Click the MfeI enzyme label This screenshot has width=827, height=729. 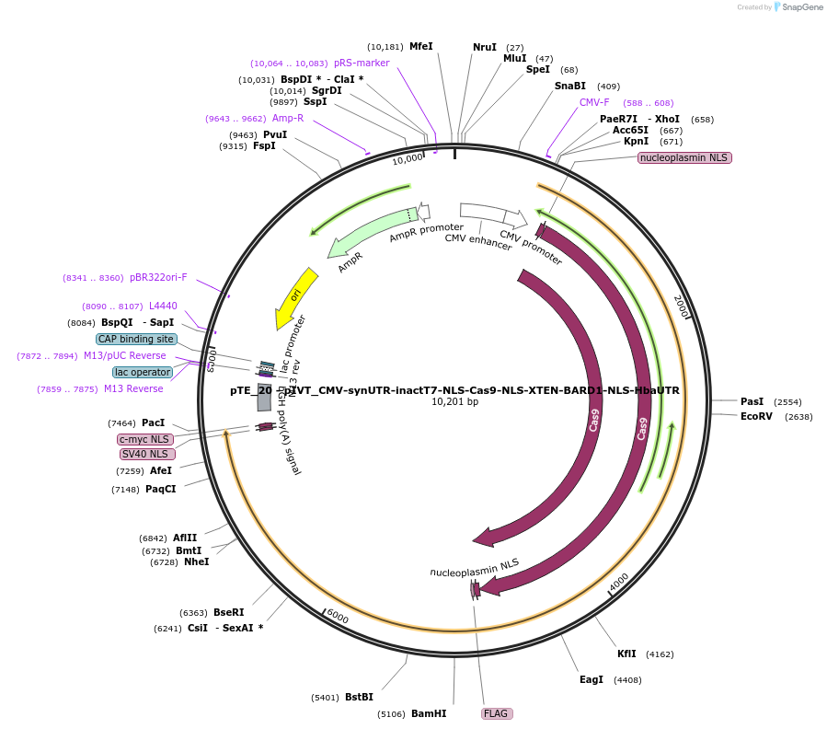coord(420,46)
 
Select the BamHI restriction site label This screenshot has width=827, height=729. coord(428,713)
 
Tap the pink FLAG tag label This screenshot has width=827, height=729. coord(496,713)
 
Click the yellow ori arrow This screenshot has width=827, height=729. coord(294,296)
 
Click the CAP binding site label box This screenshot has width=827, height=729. coord(136,339)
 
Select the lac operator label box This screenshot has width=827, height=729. coord(142,372)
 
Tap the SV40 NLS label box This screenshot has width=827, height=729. coord(145,454)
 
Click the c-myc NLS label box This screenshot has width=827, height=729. coord(145,439)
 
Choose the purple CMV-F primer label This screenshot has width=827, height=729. coord(594,102)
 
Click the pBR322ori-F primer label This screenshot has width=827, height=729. coord(157,277)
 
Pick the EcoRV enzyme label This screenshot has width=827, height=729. coord(756,416)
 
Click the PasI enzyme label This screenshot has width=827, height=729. coord(752,401)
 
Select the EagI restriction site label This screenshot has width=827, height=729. coord(592,679)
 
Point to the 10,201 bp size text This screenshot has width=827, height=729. coord(454,402)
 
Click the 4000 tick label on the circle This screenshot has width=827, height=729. coord(619,580)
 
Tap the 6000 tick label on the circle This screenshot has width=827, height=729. coord(338,617)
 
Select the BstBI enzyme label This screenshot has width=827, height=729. coord(359,697)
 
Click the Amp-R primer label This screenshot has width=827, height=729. coord(288,118)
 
